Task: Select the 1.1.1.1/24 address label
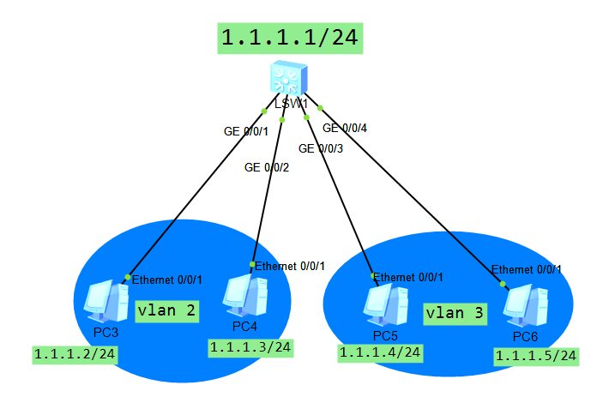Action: pos(288,38)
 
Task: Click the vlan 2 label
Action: pos(166,311)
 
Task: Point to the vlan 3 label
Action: pos(455,314)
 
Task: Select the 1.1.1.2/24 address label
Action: pos(75,354)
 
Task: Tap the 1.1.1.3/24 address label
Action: pos(250,347)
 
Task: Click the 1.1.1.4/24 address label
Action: pos(380,352)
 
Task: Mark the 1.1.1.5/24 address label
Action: pos(535,356)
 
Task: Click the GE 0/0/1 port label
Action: pos(246,131)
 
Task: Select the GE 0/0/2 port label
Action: pos(267,167)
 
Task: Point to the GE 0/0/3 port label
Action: pos(321,148)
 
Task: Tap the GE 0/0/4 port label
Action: pos(345,129)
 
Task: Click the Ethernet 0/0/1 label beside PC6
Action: pos(527,269)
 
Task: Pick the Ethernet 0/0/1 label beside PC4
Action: pos(291,266)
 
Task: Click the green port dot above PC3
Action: pos(127,276)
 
